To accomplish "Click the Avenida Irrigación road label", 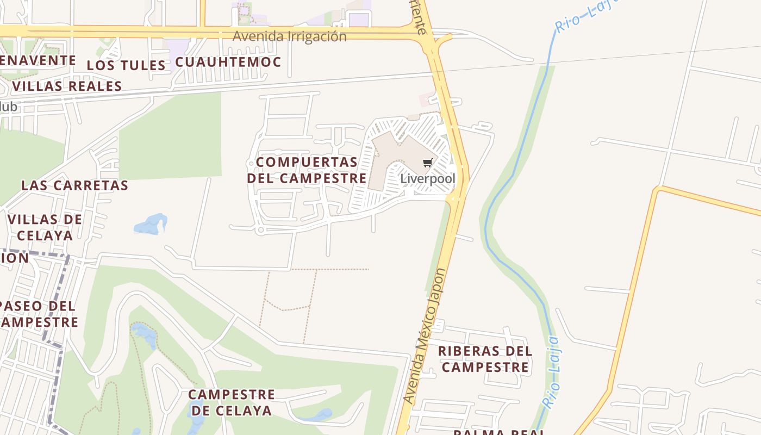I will tap(289, 36).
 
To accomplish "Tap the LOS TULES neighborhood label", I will tap(126, 65).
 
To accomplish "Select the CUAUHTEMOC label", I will tap(228, 62).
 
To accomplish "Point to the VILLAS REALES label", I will tap(67, 86).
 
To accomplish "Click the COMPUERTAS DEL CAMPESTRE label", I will tap(307, 170).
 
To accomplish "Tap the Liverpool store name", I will tap(427, 179).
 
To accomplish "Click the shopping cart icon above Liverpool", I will tap(428, 163).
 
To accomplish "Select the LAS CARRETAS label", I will tap(74, 185).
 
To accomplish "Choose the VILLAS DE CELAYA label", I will tap(45, 227).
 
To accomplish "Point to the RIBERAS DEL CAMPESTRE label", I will tap(485, 359).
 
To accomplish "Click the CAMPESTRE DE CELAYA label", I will tap(232, 402).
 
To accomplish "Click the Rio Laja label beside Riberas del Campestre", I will tap(552, 372).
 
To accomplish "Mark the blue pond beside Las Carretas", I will tap(151, 225).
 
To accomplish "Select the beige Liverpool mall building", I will tap(391, 158).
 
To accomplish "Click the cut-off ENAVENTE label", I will tap(37, 60).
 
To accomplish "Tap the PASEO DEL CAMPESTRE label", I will tap(38, 314).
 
